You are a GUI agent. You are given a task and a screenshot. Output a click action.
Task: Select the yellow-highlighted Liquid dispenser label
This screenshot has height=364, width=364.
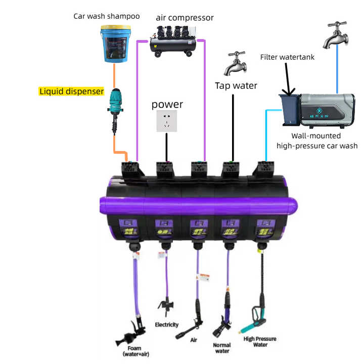(71, 92)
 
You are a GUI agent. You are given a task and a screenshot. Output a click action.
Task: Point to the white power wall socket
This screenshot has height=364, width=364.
(167, 122)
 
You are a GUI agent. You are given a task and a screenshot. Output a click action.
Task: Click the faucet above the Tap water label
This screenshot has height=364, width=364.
(236, 62)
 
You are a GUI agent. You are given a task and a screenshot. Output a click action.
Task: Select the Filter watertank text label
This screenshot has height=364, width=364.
(287, 57)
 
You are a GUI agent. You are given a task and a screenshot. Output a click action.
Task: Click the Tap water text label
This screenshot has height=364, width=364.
(236, 85)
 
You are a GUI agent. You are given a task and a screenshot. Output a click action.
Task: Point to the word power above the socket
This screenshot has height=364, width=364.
(167, 105)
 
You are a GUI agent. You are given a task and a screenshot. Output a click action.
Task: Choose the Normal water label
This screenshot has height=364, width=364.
(222, 348)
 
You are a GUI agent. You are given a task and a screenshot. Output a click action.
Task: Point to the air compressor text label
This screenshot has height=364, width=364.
(185, 18)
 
